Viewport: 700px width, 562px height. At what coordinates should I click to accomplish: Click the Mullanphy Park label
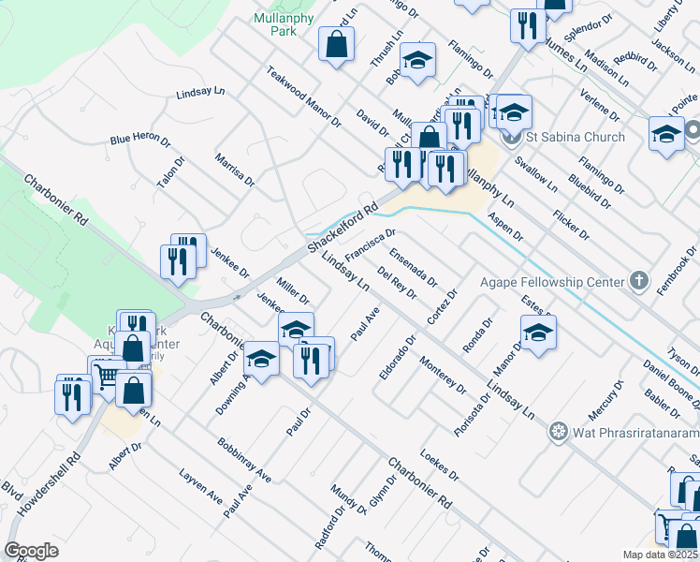(275, 24)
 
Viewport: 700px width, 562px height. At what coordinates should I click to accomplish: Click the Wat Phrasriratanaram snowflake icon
(559, 431)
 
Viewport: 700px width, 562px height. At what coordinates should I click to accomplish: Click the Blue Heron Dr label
(140, 140)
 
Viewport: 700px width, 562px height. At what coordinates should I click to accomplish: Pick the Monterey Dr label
(443, 374)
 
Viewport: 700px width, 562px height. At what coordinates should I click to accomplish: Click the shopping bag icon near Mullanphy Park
(336, 43)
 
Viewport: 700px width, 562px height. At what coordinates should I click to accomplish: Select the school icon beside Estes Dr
(538, 333)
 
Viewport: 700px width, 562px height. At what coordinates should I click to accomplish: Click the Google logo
(32, 550)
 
